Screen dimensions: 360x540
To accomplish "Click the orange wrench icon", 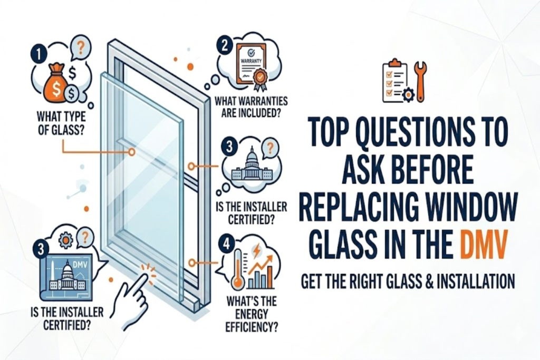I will [421, 81].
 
